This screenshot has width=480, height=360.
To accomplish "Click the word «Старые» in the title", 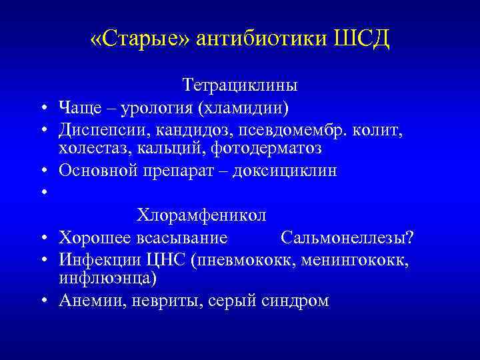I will tap(140, 39).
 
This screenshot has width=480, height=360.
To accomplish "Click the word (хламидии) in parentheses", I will tap(242, 107).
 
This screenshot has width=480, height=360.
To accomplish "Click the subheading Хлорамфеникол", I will tap(201, 215).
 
